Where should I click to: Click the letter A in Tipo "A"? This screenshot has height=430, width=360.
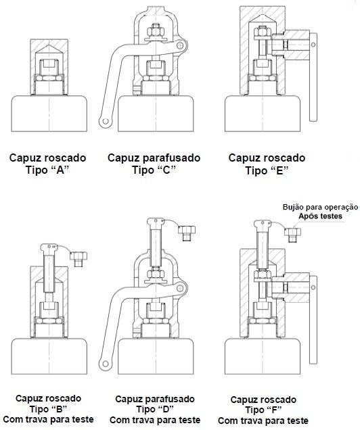click(60, 170)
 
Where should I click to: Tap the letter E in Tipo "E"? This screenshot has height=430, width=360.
click(279, 170)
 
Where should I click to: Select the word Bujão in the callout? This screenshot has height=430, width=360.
click(293, 207)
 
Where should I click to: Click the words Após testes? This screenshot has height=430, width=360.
click(321, 216)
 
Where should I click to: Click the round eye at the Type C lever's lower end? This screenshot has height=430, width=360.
click(106, 121)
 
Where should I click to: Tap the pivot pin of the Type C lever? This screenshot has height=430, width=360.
click(180, 45)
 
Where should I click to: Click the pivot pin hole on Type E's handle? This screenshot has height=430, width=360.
click(313, 45)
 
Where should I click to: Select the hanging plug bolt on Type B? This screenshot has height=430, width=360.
click(78, 258)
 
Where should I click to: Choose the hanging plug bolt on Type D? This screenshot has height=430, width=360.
click(187, 233)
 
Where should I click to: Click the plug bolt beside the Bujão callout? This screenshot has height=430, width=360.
click(292, 235)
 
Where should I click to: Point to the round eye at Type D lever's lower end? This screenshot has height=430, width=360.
click(105, 364)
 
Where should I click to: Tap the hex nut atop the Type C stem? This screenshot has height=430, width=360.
click(156, 31)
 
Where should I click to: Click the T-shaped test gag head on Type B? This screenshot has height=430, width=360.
click(49, 247)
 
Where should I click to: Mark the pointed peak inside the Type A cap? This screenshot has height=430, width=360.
click(49, 45)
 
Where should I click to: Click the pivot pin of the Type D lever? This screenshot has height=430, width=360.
click(180, 288)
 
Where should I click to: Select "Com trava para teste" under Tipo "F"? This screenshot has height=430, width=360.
click(263, 421)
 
